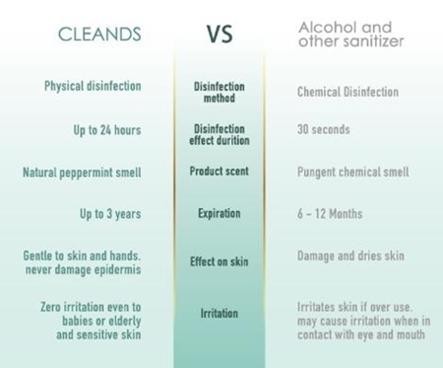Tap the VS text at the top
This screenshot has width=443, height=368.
point(220,36)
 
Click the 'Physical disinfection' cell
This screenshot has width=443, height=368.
point(93,86)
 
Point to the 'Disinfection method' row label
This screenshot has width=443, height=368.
point(220,92)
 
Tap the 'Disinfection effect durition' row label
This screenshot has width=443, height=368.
point(220,134)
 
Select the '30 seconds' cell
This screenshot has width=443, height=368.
point(326,129)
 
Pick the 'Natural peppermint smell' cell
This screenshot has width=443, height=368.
point(82,172)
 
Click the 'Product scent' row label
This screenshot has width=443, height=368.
point(220,172)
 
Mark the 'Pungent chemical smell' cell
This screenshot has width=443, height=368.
point(352,172)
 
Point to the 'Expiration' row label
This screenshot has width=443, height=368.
point(220,212)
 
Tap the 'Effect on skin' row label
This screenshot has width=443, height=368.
point(220,261)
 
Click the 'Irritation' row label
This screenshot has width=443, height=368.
point(220,313)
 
